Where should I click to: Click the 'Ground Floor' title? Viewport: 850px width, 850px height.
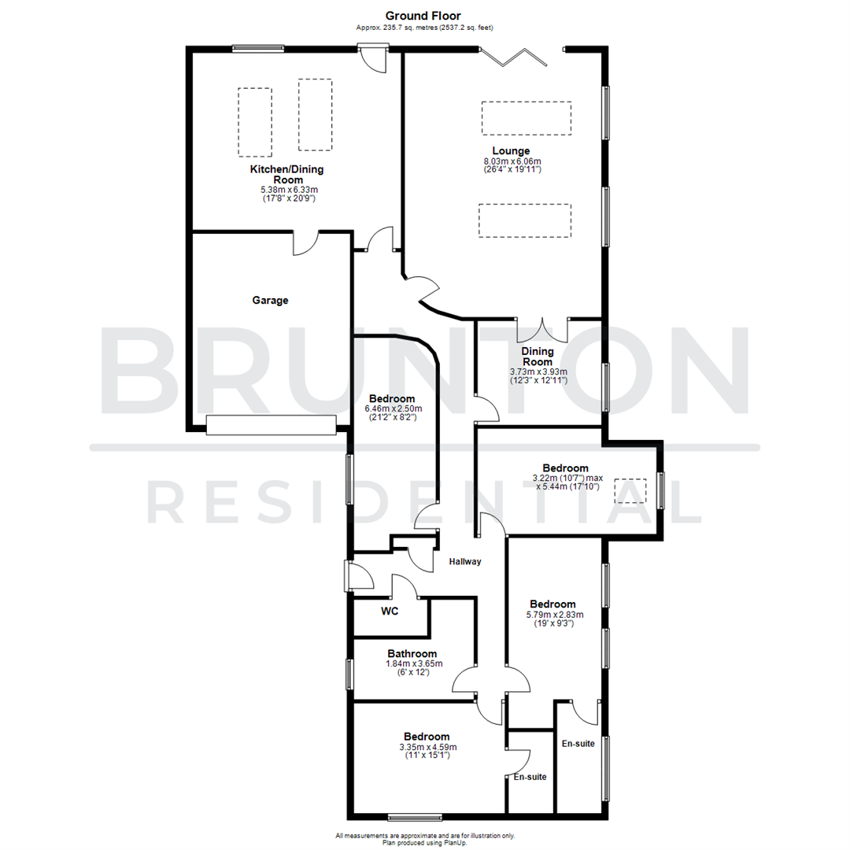(x=423, y=15)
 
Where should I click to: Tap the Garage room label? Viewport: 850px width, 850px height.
(x=270, y=300)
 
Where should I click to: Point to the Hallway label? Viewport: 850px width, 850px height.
(x=464, y=561)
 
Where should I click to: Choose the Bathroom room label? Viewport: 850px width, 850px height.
(x=412, y=653)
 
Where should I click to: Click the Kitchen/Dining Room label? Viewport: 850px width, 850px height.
(x=286, y=174)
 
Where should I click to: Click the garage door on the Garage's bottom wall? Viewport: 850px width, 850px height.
(x=271, y=425)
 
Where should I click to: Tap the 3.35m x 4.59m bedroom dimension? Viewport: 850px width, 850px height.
(x=428, y=747)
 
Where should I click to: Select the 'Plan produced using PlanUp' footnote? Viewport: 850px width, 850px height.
(x=425, y=842)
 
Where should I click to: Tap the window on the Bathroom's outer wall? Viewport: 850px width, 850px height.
(x=349, y=674)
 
